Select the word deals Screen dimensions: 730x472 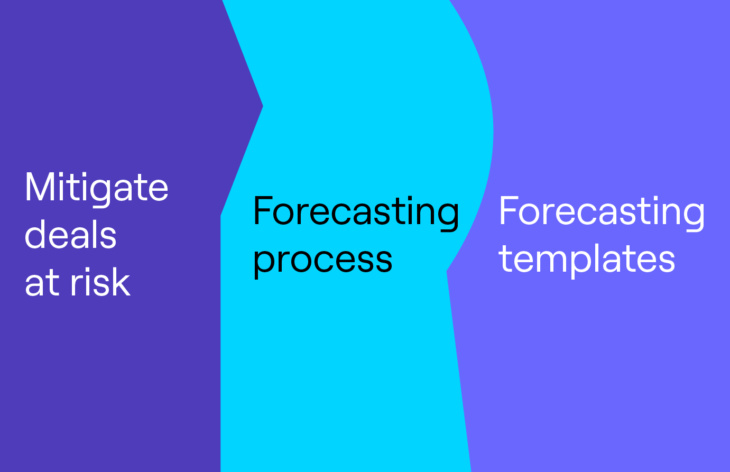(x=71, y=234)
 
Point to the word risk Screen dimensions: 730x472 (x=100, y=281)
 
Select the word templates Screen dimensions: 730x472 (x=587, y=260)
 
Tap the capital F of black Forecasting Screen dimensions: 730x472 (x=263, y=210)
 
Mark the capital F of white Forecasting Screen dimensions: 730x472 (x=509, y=210)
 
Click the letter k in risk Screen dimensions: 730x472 (x=122, y=281)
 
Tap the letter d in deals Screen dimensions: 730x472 (x=35, y=234)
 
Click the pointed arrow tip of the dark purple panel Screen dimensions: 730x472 (x=263, y=106)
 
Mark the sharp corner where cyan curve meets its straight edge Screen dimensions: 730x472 (x=447, y=271)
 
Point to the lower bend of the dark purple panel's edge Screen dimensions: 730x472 (x=221, y=216)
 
